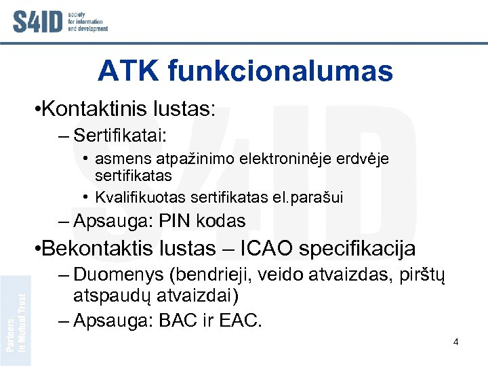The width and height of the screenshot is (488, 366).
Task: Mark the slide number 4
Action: [x=456, y=342]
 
